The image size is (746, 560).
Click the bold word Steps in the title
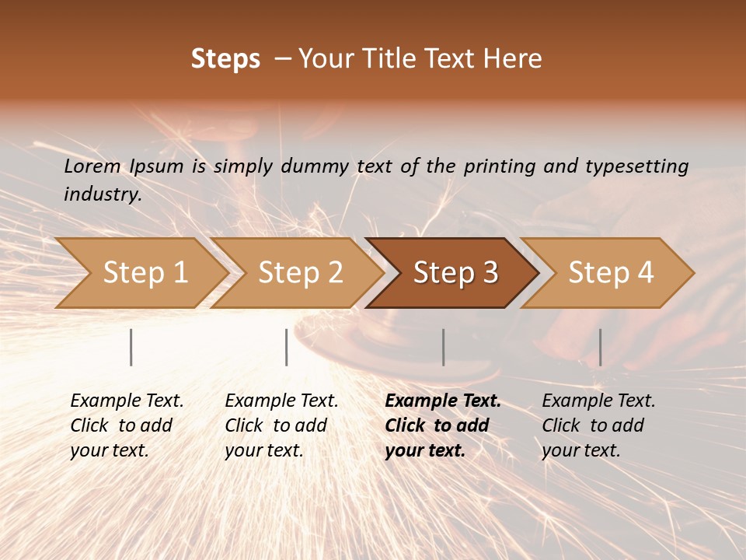pos(225,59)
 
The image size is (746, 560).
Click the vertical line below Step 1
pos(131,347)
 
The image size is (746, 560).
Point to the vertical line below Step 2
pos(287,347)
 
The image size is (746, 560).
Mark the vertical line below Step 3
pos(443,347)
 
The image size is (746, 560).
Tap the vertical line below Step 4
pos(600,347)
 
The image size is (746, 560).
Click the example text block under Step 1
pos(127,425)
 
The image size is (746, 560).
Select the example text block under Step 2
pos(281,425)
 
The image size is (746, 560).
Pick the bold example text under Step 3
pos(443,425)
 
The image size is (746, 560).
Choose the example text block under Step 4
pos(598,425)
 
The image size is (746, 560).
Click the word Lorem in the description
pos(92,166)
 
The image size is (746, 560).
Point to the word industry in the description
pos(103,194)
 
